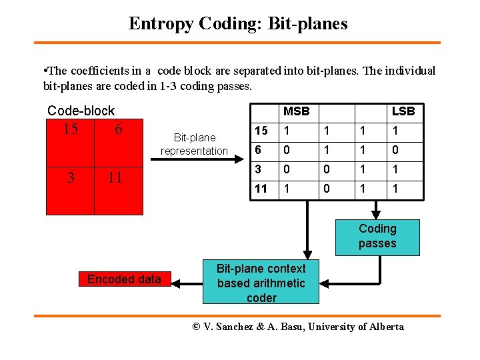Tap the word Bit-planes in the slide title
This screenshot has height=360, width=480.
pyautogui.click(x=307, y=24)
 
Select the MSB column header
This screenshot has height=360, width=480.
pyautogui.click(x=296, y=111)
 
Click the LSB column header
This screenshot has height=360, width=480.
pyautogui.click(x=403, y=111)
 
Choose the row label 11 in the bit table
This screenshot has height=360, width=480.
pyautogui.click(x=261, y=189)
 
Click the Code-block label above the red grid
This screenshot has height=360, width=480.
pyautogui.click(x=81, y=111)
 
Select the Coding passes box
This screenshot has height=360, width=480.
pyautogui.click(x=377, y=237)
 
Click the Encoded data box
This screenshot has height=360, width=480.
pyautogui.click(x=124, y=279)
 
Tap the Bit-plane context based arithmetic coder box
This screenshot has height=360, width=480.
pyautogui.click(x=261, y=283)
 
